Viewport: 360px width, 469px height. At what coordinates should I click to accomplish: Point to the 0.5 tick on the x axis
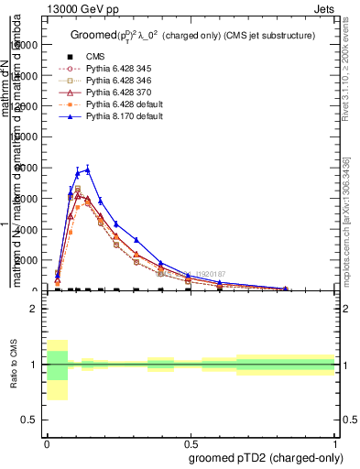coord(190,442)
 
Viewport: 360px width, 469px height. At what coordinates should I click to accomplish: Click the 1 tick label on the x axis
coord(334,442)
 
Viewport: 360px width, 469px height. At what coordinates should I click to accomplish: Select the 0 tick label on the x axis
coord(47,442)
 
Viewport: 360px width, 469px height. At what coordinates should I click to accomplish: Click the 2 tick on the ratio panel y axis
coord(34,310)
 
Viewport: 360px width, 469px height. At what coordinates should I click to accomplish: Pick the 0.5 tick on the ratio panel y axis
coord(29,420)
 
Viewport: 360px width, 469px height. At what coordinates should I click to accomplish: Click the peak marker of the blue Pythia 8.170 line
coord(88,169)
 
